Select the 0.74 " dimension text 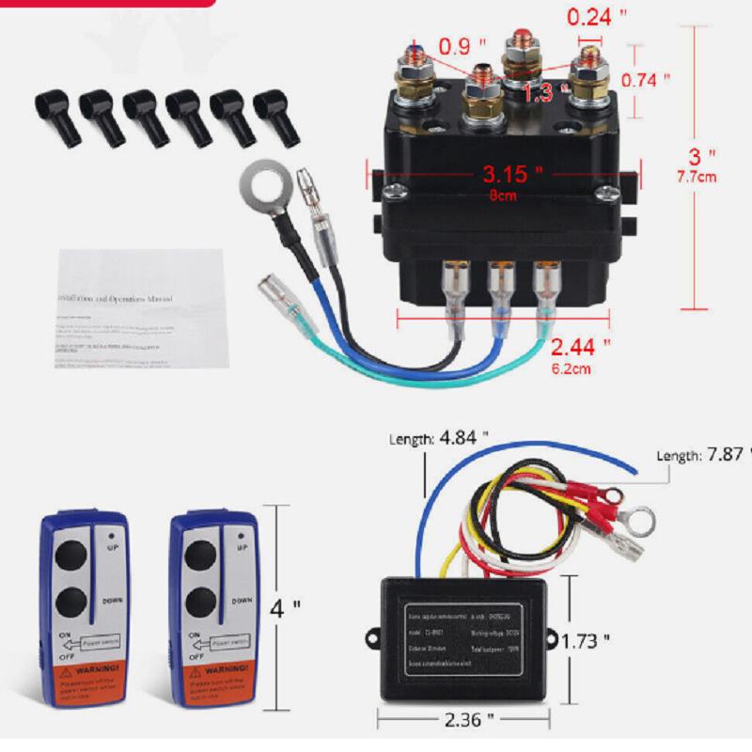647,80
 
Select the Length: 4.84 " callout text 439,438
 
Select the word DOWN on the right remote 242,600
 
